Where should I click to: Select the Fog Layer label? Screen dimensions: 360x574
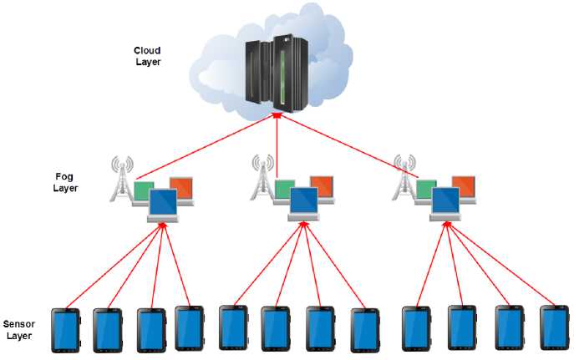64,182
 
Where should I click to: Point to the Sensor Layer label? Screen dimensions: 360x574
19,331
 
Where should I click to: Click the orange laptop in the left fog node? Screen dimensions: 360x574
181,188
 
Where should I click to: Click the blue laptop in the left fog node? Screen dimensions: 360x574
162,203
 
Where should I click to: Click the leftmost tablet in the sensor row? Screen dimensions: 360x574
64,329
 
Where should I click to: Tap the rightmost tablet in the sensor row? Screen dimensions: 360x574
554,327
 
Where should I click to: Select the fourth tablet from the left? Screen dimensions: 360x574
190,327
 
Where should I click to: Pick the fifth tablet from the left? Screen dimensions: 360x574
233,327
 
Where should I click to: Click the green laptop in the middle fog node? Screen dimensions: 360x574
284,189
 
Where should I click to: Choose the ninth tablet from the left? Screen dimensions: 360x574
416,328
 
